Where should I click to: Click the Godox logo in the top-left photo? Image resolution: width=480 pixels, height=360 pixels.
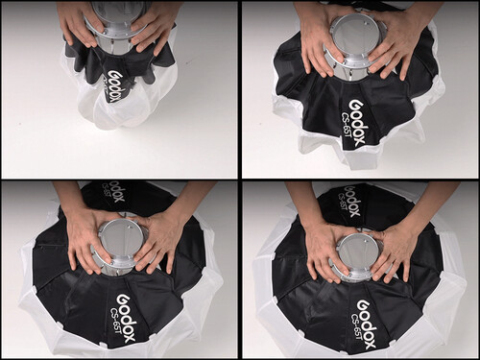tap(120, 80)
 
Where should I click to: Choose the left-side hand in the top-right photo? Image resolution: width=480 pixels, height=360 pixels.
tap(311, 43)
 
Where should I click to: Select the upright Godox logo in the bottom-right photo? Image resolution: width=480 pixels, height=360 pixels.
tap(363, 304)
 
